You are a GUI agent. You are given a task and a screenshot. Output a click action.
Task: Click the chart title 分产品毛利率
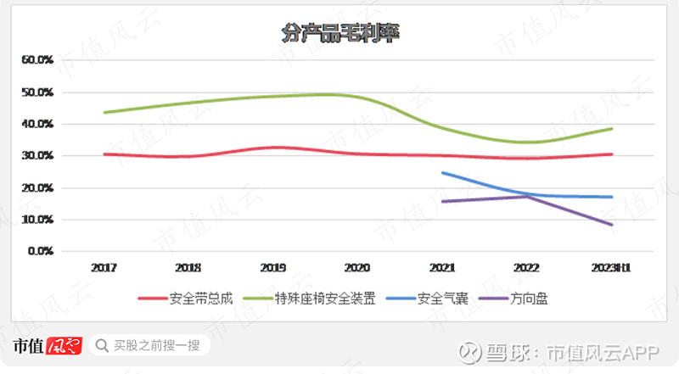click(x=340, y=33)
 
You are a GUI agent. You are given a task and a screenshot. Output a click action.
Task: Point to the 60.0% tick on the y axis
click(x=38, y=60)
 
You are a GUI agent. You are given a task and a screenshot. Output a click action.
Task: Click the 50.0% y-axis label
click(x=38, y=92)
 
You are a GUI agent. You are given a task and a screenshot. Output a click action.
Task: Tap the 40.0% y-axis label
click(x=38, y=125)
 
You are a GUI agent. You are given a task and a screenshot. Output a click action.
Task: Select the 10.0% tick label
click(x=38, y=220)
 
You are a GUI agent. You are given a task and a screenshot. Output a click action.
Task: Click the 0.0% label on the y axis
click(x=41, y=251)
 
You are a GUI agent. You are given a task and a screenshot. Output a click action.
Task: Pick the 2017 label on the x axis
click(x=104, y=267)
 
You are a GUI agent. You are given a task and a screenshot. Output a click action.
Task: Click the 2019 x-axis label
click(x=272, y=267)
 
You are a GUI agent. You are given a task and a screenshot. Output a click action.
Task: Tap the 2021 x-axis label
click(x=442, y=267)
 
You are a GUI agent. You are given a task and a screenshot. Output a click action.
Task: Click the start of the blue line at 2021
click(x=442, y=173)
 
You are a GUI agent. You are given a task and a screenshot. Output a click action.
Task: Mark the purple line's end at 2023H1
click(x=611, y=225)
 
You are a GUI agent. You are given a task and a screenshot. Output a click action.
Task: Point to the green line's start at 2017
click(x=104, y=113)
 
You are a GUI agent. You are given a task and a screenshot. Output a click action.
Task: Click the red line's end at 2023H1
click(x=611, y=154)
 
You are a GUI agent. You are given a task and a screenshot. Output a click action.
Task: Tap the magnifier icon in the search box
click(x=102, y=345)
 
